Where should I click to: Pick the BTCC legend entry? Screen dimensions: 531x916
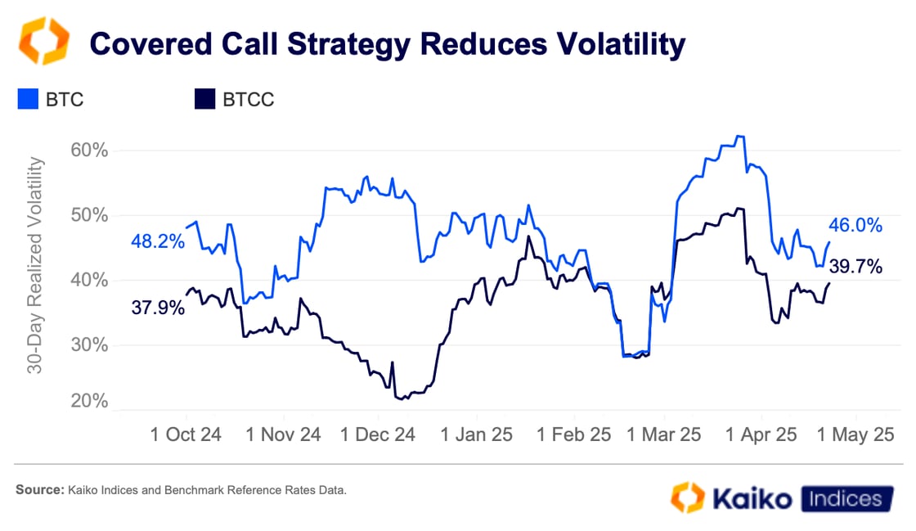coord(234,101)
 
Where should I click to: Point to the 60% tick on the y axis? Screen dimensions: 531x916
coord(90,151)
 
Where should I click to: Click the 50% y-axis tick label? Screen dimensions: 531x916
coord(90,215)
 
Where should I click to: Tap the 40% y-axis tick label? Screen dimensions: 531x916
coord(90,280)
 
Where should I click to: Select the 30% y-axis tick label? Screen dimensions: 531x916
coord(90,344)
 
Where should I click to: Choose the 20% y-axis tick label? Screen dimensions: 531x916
coord(90,402)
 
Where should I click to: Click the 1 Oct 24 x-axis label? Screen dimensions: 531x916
coord(186,434)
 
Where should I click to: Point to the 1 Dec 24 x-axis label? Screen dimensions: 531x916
coord(378,434)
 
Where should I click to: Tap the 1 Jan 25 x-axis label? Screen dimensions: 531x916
coord(476,434)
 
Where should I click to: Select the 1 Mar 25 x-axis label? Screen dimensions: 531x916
coord(663,434)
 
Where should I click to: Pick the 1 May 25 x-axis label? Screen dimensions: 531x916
coord(856,434)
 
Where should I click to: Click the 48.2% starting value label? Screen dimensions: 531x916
coord(157,241)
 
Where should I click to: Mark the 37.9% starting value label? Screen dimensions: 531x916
coord(157,308)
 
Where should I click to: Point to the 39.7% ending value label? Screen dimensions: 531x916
coord(855,266)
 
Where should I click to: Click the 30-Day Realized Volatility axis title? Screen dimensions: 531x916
coord(35,266)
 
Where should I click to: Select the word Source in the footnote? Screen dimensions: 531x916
coord(38,491)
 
